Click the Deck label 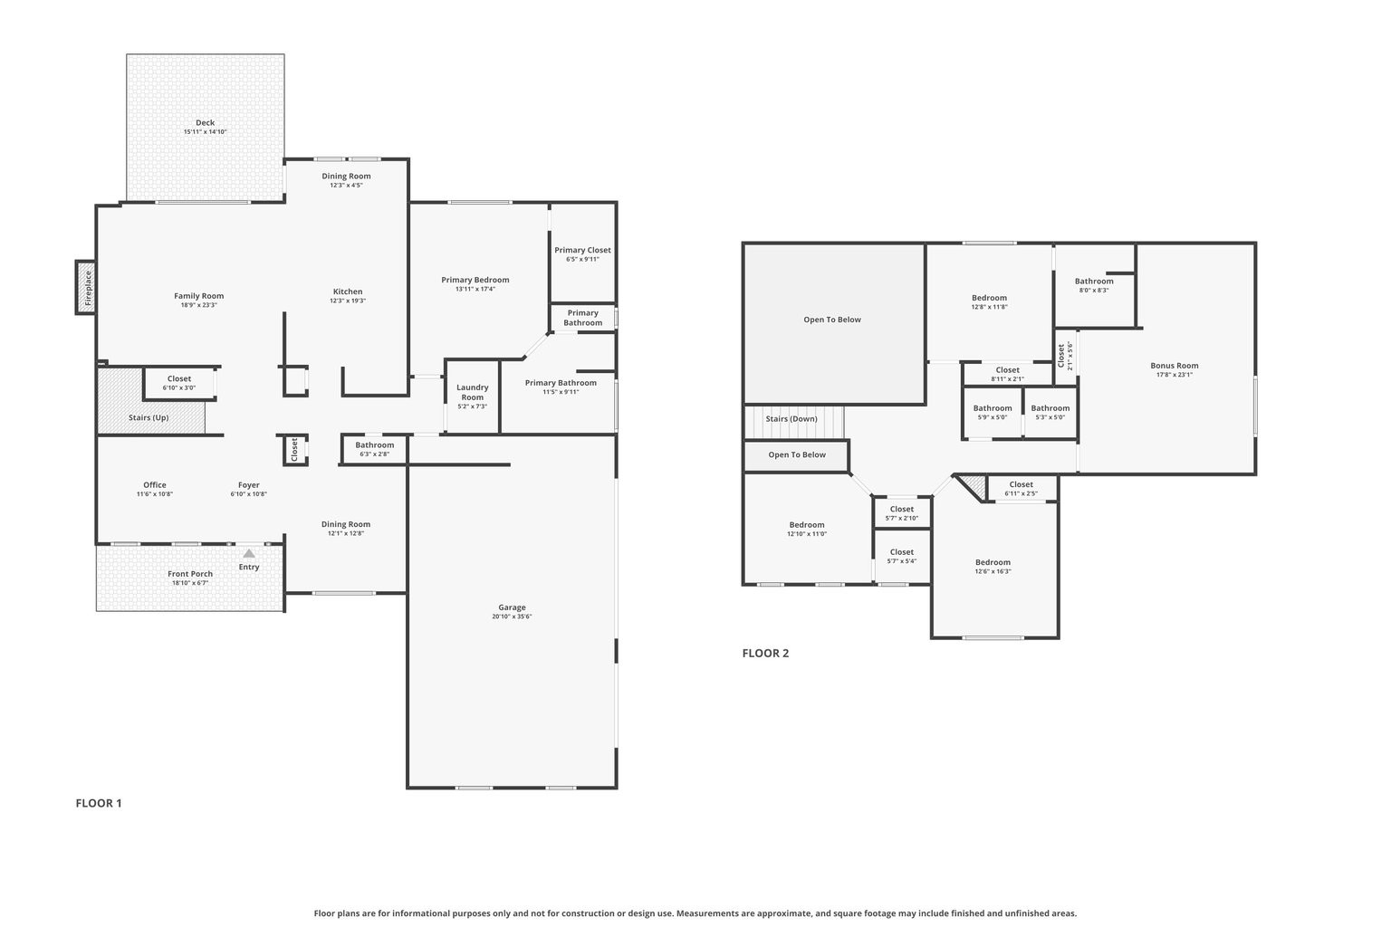206,123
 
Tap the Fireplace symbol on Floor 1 86,287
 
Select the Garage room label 512,607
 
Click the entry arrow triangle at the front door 248,552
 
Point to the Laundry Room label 472,392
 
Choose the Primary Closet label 582,250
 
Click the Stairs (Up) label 149,417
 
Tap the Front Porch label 190,574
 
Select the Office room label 155,485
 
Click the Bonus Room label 1175,366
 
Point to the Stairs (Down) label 791,419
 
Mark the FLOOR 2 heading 765,653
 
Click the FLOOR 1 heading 99,803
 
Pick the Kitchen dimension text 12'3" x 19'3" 348,301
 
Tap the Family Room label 199,296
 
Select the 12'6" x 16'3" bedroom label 993,562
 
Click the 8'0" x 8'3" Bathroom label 1094,282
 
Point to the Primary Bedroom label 475,280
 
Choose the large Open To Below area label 832,320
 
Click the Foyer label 249,485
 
